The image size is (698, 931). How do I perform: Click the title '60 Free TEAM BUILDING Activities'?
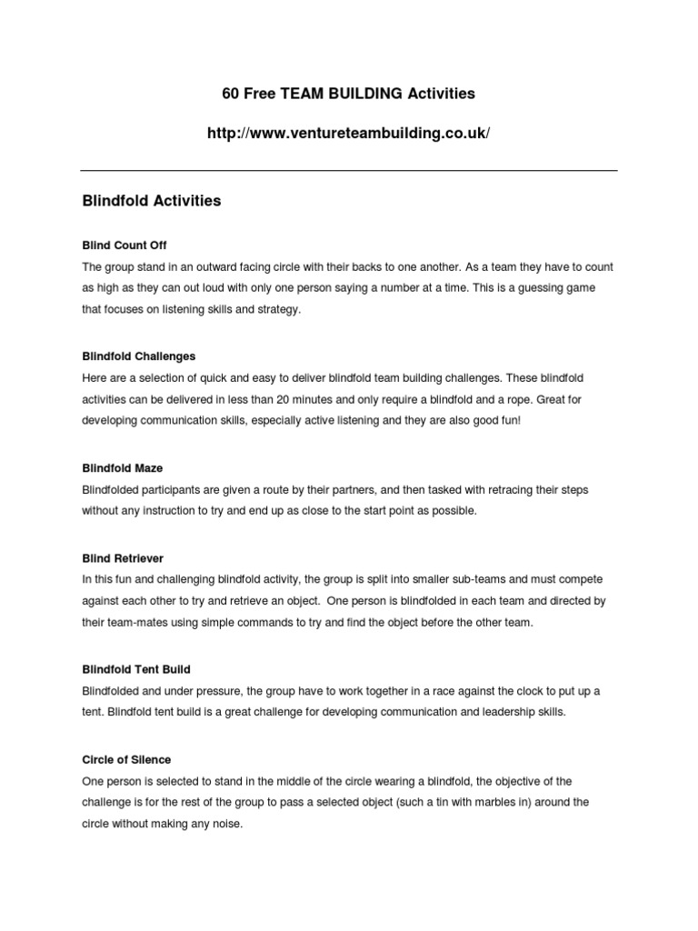349,94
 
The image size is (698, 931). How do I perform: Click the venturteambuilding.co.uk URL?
349,134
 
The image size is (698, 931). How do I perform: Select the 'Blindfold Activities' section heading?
151,201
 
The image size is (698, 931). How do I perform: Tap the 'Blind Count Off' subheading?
125,245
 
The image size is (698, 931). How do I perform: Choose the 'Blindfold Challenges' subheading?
138,356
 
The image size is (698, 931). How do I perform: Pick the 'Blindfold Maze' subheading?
123,468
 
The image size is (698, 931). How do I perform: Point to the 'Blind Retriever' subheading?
123,557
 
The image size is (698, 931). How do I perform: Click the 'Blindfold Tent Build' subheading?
136,669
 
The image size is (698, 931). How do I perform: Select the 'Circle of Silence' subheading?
126,759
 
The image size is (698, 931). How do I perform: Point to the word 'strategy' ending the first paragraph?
275,311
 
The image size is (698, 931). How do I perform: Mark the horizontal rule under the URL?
349,170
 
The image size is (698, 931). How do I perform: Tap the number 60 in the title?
232,94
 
